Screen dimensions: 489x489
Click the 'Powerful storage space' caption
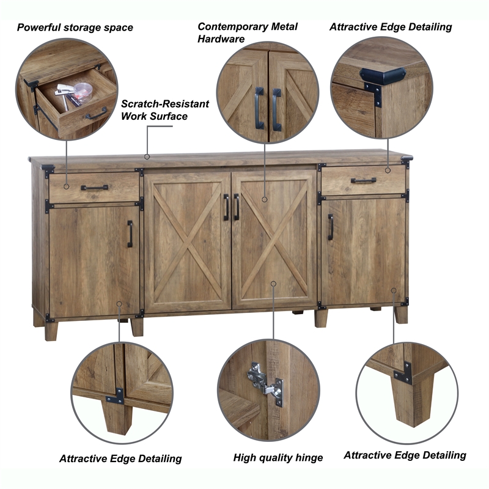coord(75,28)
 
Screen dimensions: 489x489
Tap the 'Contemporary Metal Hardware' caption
coord(248,32)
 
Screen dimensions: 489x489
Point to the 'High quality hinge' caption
coord(278,457)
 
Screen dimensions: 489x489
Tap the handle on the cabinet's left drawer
coord(94,188)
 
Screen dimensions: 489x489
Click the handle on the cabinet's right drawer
coord(364,180)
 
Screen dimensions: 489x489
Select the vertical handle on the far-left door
coord(130,233)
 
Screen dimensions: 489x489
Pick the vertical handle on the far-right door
coord(331,227)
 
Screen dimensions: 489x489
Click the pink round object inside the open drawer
coord(83,90)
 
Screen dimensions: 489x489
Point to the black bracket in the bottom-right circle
coord(403,372)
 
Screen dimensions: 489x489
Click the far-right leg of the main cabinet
coord(401,314)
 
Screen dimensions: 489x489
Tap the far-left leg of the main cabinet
coord(51,330)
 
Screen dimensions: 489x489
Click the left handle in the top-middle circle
coord(259,108)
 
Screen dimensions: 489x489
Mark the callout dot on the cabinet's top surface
coord(147,156)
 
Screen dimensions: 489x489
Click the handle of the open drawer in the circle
coord(96,115)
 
